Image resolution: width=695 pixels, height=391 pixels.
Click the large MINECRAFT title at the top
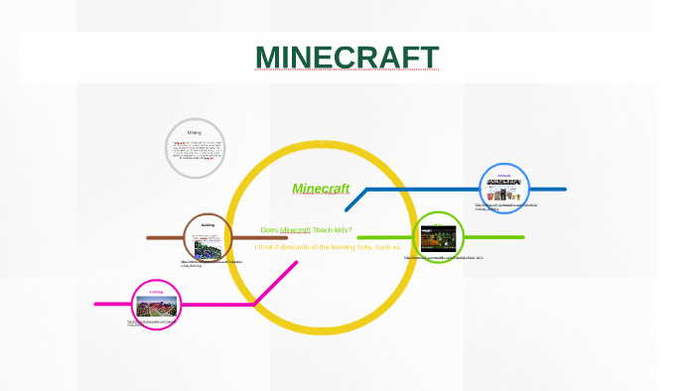point(347,58)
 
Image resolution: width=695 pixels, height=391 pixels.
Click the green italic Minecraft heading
point(321,189)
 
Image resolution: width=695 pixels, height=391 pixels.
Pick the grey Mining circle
point(195,149)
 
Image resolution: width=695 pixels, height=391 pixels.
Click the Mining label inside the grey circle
point(195,132)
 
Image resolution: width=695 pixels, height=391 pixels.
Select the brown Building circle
point(208,238)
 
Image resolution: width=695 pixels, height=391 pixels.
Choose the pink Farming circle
point(157,306)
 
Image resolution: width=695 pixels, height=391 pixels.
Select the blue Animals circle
point(504,189)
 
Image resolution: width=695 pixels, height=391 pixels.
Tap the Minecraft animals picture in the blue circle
point(503,190)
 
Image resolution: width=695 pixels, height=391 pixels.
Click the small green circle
point(438,237)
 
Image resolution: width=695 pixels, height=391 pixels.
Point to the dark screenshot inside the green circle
point(438,239)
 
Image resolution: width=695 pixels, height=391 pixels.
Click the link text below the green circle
point(444,257)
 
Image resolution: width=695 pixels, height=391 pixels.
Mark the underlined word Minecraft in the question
point(296,230)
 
